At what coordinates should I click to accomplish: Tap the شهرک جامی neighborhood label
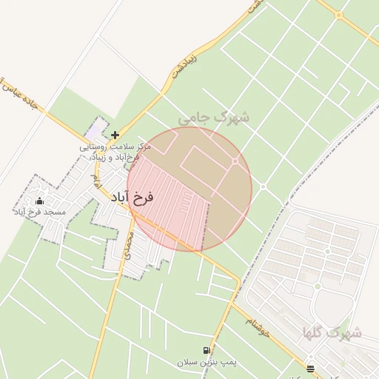pyautogui.click(x=213, y=117)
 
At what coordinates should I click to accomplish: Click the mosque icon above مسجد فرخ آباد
pyautogui.click(x=39, y=201)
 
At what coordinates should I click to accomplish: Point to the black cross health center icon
pyautogui.click(x=115, y=135)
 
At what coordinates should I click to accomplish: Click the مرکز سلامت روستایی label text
pyautogui.click(x=118, y=147)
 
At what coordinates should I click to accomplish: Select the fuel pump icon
pyautogui.click(x=206, y=350)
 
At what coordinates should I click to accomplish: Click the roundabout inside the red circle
pyautogui.click(x=235, y=161)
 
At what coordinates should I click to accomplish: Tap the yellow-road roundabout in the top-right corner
pyautogui.click(x=338, y=14)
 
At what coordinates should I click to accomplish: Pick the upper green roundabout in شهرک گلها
pyautogui.click(x=316, y=286)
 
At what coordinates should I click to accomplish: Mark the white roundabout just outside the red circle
pyautogui.click(x=262, y=187)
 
